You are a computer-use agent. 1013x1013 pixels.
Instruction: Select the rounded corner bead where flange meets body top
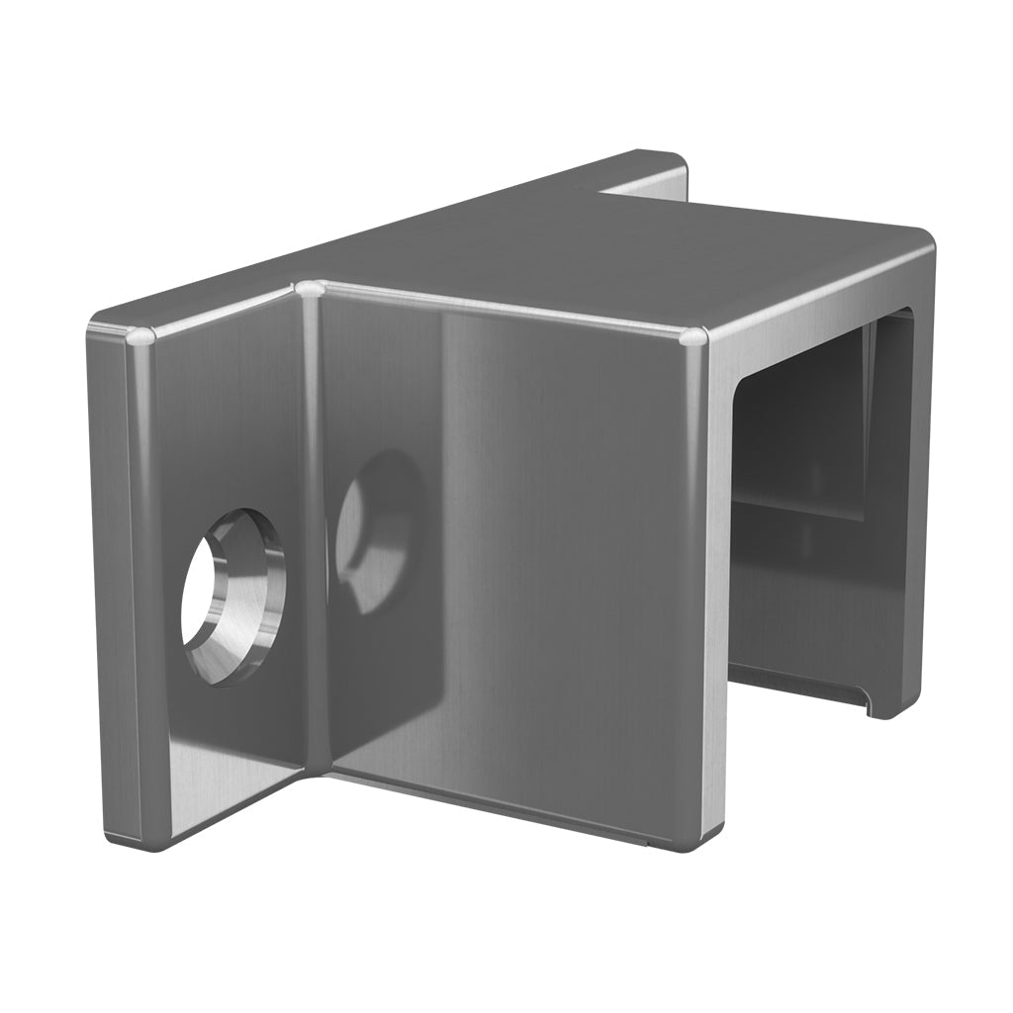[310, 289]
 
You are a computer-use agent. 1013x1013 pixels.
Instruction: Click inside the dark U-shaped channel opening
[801, 495]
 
